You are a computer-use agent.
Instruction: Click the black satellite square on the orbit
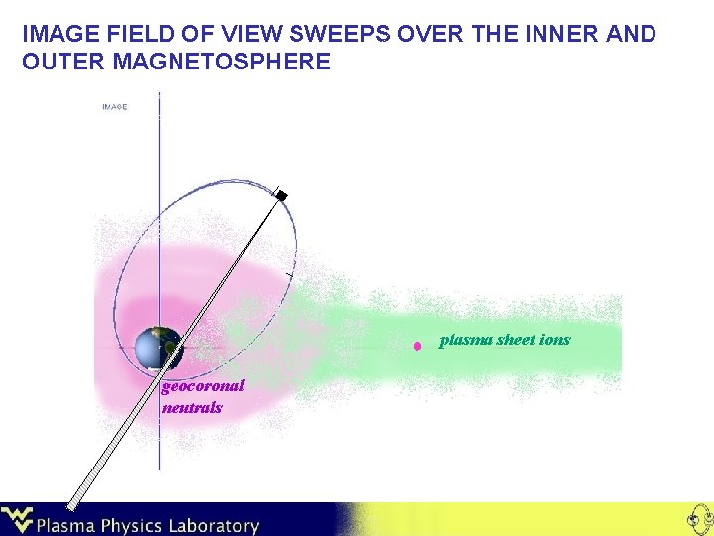coord(281,196)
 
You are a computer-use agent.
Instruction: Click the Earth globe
coord(160,348)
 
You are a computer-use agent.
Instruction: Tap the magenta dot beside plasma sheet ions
coord(418,346)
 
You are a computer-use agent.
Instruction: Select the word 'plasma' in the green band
coord(463,340)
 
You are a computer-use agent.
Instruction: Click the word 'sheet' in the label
coord(514,339)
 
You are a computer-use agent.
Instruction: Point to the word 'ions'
coord(555,339)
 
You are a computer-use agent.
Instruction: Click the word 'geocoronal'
coord(202,388)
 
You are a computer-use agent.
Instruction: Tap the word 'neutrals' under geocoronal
coord(192,407)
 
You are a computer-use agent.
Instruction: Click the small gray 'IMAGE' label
coord(114,106)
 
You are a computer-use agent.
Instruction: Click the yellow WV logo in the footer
coord(18,519)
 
